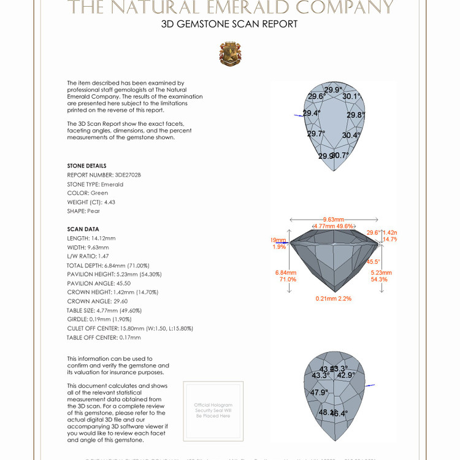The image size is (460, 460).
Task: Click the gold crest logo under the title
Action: pos(230,54)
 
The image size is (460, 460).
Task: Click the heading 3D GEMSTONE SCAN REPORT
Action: pos(229,25)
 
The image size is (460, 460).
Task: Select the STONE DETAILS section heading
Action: pos(86,166)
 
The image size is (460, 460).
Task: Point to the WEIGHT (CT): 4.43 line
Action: pos(91,202)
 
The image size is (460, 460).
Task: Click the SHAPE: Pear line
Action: pos(83,211)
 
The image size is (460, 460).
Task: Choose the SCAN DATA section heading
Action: pos(83,229)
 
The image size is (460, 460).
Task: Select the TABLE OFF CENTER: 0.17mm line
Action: pos(104,337)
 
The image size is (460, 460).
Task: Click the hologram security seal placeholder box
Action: pos(213,411)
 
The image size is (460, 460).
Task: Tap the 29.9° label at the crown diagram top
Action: pos(333,90)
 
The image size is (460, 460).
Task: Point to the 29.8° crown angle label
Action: pos(356,115)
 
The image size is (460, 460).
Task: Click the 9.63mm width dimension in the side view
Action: pos(334,220)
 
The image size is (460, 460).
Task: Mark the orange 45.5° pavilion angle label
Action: pos(373,261)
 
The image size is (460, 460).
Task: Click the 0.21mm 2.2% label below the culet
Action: pos(334,299)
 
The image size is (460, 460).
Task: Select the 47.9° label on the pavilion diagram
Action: pos(319,393)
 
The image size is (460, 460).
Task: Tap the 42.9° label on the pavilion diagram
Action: pos(346,375)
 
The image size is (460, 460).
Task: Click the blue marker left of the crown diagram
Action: pos(299,115)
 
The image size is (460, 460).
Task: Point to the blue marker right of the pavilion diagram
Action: pos(369,386)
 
